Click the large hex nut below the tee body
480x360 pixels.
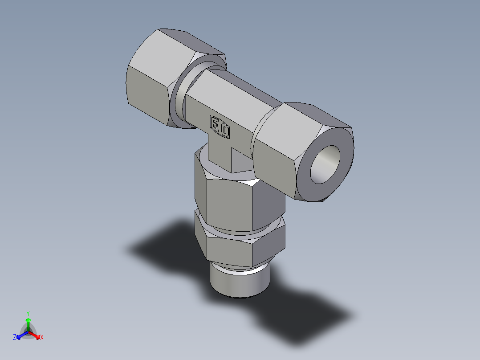(x=232, y=200)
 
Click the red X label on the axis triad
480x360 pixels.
(x=42, y=338)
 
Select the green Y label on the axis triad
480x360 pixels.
(x=28, y=313)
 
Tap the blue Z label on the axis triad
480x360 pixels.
(x=15, y=338)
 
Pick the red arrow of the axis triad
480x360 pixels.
(x=35, y=334)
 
